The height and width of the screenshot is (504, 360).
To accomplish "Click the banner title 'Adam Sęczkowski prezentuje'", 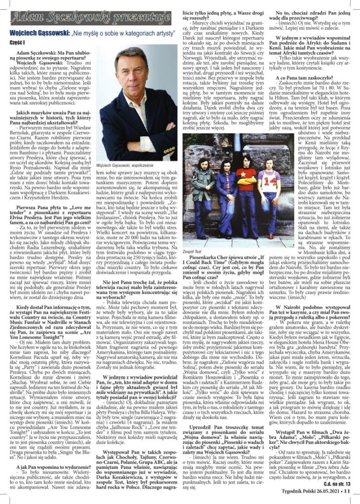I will tap(90, 17).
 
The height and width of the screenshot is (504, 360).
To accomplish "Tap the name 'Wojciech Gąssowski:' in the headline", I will tap(40, 33).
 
